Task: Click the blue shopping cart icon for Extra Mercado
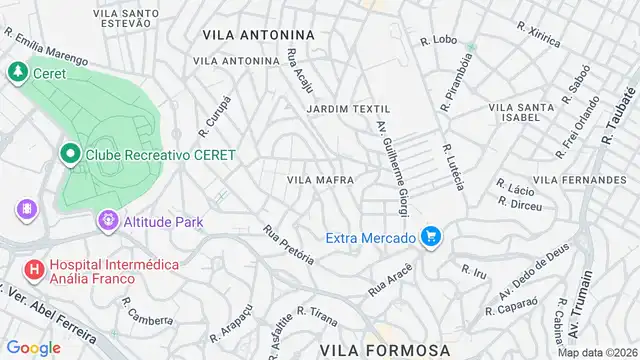pos(432,237)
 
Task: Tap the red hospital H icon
pos(33,269)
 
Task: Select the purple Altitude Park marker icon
pos(107,219)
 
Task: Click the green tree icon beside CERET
pos(17,72)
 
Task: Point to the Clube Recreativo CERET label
pos(160,155)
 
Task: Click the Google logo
pos(33,347)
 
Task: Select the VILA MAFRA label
pos(320,180)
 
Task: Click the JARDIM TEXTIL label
pos(348,108)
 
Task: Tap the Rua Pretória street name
pos(289,244)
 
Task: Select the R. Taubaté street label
pos(613,119)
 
